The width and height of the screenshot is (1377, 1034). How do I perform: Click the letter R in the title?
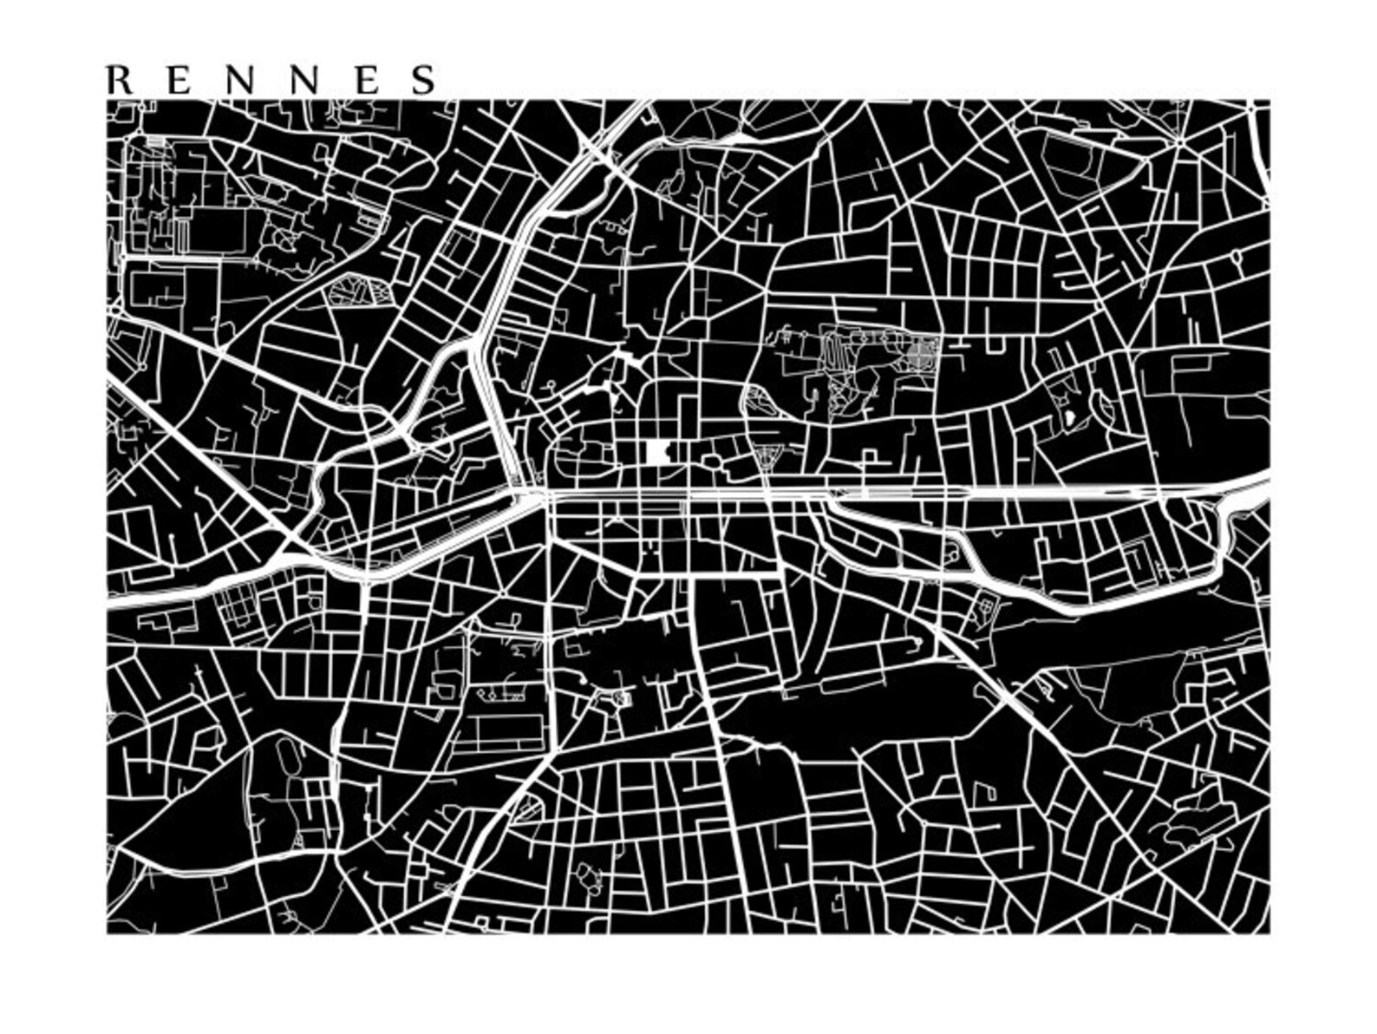pos(119,80)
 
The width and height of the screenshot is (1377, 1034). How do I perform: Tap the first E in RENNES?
pos(179,80)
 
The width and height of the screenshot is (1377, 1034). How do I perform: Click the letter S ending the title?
pos(425,80)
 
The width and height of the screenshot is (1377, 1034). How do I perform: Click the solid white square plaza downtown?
pos(658,452)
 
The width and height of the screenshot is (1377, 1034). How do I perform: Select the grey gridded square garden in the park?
pos(923,354)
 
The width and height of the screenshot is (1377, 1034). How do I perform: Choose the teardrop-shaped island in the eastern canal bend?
pos(954,550)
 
